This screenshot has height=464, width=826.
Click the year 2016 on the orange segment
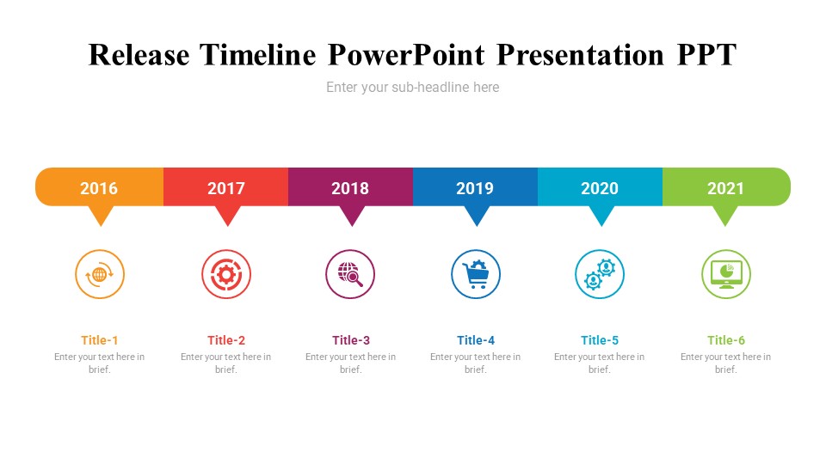coord(98,188)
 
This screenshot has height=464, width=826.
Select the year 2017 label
coord(226,188)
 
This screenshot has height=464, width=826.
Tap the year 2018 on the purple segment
coord(350,188)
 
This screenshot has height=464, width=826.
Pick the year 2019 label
coord(475,188)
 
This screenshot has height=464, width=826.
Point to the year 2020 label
coord(600,188)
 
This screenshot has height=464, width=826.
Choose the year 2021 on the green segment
coord(725,188)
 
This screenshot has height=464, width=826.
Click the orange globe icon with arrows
coord(100,274)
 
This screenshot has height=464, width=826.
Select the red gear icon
coord(226,274)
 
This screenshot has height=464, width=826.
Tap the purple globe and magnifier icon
coord(350,274)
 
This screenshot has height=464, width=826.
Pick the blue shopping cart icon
coord(476,274)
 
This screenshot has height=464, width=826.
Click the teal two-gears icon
coord(600,274)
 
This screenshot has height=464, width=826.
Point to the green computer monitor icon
coord(726,274)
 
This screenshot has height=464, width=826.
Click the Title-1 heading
coord(100,340)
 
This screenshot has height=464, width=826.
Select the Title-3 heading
coord(351,340)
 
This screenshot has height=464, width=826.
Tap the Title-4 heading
coord(476,340)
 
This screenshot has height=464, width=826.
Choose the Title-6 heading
coord(726,340)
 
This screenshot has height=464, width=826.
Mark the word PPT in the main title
coord(706,55)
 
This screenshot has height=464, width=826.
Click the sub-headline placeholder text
coord(412,88)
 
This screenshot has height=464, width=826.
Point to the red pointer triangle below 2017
coord(227,215)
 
